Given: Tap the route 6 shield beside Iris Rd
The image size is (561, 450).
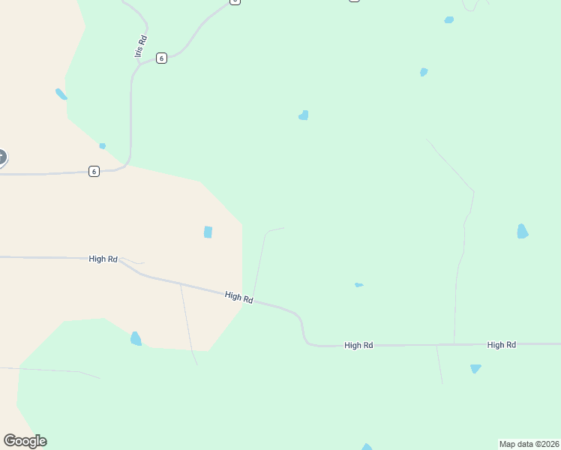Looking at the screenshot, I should tap(161, 58).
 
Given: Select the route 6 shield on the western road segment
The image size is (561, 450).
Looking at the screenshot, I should tap(94, 172).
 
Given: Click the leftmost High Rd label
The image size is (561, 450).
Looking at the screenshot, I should tap(103, 259).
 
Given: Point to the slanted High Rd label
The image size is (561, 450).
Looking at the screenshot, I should tap(238, 298).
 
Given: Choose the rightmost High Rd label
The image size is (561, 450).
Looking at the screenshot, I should tap(501, 345).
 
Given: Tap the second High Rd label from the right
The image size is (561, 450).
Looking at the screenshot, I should tap(358, 346).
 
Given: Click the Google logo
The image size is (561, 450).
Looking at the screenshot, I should tap(25, 441).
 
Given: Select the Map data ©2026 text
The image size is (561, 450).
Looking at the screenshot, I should tap(529, 444).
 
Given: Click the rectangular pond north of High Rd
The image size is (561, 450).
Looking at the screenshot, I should tap(208, 232).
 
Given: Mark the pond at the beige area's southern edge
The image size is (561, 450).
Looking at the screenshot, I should tap(136, 339).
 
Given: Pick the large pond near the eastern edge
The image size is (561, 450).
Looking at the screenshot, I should tap(522, 232).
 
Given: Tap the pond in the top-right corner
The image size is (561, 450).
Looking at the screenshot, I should tap(448, 20).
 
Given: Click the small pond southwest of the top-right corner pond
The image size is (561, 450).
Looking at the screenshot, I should tap(424, 72).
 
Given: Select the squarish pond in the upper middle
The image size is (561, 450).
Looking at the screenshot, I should tap(304, 115).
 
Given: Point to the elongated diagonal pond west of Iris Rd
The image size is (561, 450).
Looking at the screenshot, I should tap(61, 94).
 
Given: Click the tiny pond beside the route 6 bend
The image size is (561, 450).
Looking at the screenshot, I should tap(102, 145).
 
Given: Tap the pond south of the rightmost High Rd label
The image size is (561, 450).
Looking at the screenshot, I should tap(475, 369).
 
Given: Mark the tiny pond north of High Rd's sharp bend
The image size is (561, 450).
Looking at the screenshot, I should tap(358, 285).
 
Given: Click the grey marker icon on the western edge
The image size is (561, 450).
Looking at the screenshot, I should tap(1, 157).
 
